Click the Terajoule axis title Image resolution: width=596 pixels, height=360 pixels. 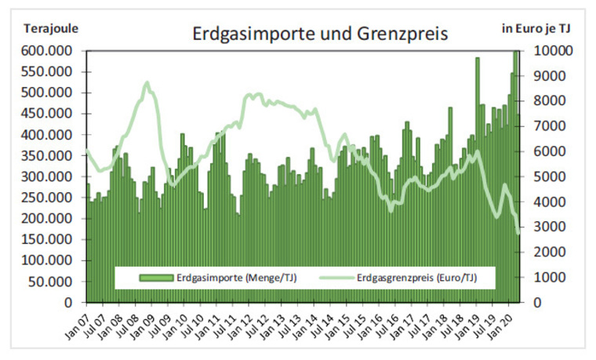(51, 29)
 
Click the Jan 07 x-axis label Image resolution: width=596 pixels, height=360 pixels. (75, 325)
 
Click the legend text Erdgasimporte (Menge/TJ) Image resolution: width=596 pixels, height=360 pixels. (235, 277)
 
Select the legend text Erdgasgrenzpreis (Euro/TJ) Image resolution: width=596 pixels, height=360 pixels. (416, 277)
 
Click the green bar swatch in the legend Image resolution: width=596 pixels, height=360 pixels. (157, 277)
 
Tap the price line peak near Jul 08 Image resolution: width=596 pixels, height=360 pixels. (147, 83)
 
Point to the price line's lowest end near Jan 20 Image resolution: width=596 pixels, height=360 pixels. (518, 232)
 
